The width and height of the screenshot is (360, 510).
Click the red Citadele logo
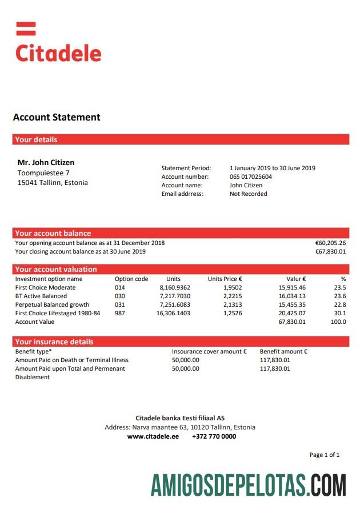coord(58,43)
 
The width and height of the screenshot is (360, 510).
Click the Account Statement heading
coord(57,118)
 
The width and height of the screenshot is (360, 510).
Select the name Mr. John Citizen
coord(46,163)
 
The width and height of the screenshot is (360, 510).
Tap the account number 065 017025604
coord(251,177)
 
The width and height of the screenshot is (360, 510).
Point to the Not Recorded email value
coord(249,194)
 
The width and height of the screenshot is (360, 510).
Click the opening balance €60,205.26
coord(330,243)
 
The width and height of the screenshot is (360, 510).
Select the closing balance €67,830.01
coord(330,251)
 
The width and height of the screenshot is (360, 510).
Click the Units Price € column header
coord(225,279)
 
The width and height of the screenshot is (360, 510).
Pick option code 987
coord(120,313)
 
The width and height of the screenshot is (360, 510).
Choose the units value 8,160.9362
coord(175,287)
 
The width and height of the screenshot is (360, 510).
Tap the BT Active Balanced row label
coord(41,296)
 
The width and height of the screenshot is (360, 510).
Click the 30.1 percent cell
coord(339,313)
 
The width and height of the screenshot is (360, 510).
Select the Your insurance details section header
coord(54,342)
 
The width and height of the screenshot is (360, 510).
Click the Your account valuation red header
coord(56,269)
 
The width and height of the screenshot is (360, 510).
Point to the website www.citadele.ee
coord(153,436)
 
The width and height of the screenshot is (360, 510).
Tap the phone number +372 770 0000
coord(214,436)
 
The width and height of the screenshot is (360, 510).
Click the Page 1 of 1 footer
coord(324,455)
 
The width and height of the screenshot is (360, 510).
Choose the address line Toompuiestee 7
coord(43,172)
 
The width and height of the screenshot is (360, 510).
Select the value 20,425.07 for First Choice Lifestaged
coord(292,313)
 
